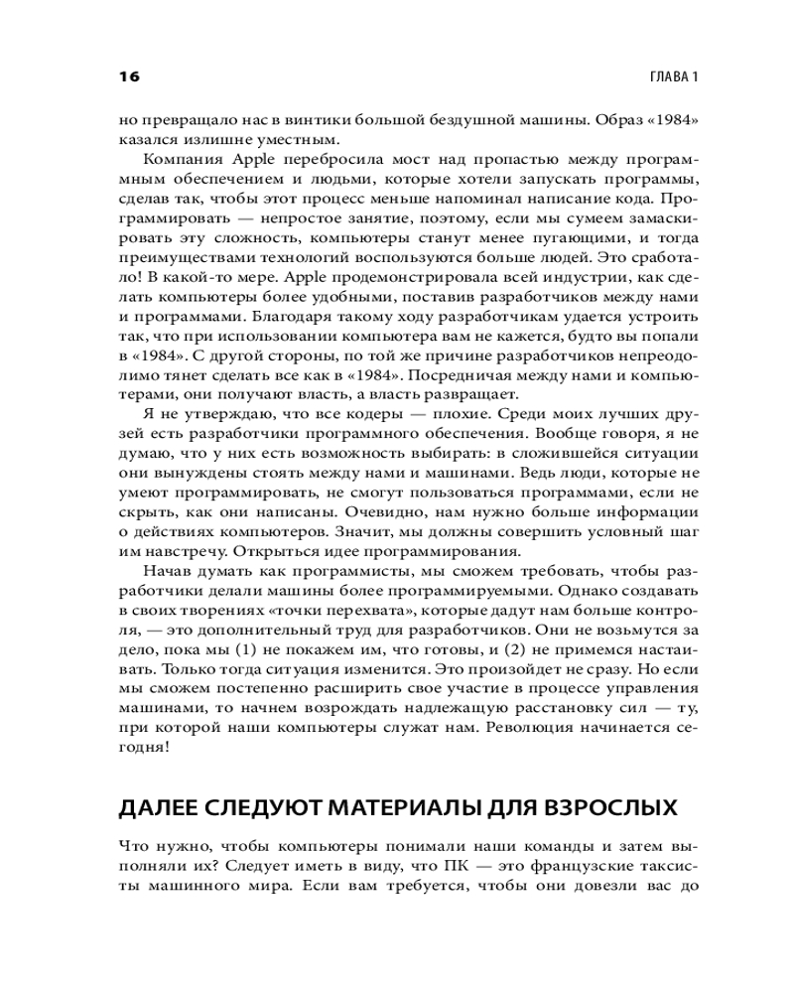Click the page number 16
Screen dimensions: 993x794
coord(129,76)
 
